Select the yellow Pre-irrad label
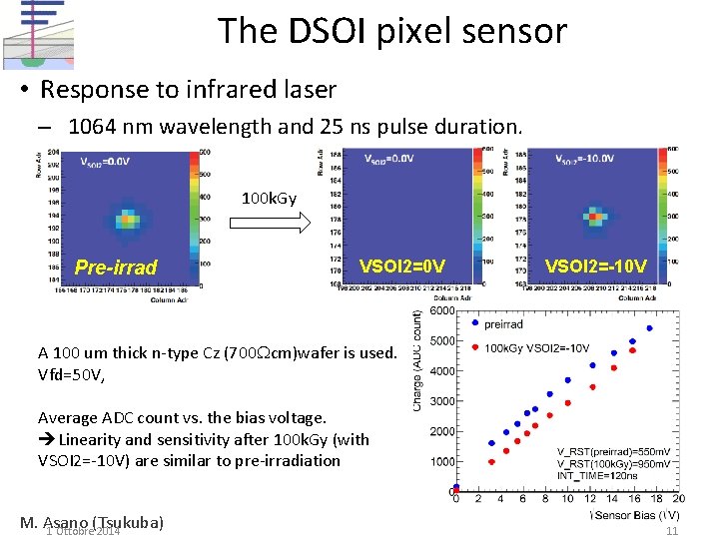coord(116,268)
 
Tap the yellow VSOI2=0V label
coord(402,266)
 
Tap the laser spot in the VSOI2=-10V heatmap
coord(593,214)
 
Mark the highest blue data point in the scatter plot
coord(650,327)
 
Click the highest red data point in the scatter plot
coord(632,351)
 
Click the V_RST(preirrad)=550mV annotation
coord(613,452)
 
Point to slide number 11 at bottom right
coord(672,531)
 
